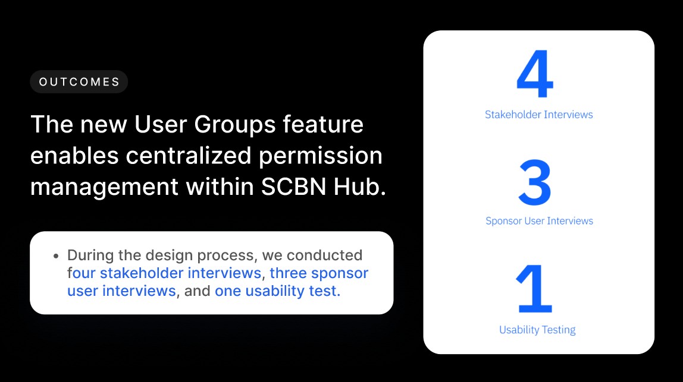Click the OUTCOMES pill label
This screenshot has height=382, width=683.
pos(79,82)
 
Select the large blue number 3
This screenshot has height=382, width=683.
pos(535,182)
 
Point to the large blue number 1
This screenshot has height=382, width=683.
pos(534,289)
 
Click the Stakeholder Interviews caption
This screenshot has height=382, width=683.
pos(539,115)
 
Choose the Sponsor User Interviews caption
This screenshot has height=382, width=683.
pos(539,221)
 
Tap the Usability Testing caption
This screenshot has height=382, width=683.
pos(537,330)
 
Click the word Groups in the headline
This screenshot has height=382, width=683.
pos(235,125)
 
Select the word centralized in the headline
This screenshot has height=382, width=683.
pos(189,155)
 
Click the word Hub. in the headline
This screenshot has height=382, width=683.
pos(360,187)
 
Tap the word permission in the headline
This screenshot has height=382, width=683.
pos(321,156)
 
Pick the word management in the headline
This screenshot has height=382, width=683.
pos(104,188)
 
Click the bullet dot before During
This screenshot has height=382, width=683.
pos(56,256)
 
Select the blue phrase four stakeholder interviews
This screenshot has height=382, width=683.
pos(164,273)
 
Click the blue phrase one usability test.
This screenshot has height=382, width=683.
pos(277,291)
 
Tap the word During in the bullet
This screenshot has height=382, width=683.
pos(90,255)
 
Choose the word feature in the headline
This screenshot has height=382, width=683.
pos(323,124)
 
